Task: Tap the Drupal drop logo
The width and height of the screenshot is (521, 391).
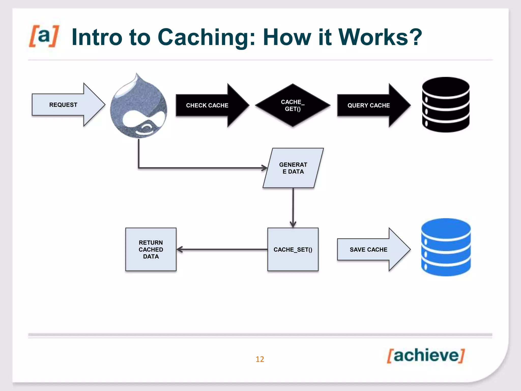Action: click(139, 109)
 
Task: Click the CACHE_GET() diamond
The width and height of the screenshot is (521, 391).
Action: click(293, 105)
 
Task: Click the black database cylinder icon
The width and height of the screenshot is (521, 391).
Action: click(446, 105)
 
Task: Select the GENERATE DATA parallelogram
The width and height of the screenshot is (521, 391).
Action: click(293, 168)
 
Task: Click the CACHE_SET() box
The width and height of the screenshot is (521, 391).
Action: click(293, 249)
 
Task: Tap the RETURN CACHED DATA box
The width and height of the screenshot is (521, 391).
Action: click(151, 249)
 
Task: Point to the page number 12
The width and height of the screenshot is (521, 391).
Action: click(260, 359)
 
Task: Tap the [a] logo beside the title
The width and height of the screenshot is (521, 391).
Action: click(44, 36)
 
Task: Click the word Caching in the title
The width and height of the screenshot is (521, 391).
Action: click(206, 37)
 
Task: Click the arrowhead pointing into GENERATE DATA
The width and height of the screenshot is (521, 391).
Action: click(265, 168)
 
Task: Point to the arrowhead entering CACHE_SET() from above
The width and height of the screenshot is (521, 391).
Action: click(293, 225)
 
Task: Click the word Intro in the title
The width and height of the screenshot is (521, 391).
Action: click(97, 37)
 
